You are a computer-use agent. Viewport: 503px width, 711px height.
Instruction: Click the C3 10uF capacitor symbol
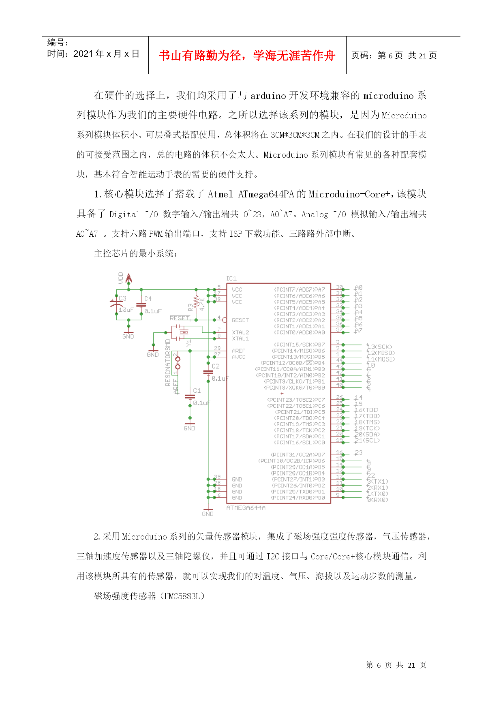click(x=116, y=304)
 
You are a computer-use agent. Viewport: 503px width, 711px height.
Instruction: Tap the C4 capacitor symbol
click(x=141, y=305)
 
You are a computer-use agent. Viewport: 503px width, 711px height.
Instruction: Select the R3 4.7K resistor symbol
click(x=197, y=302)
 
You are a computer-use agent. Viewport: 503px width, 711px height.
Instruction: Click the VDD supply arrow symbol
click(x=129, y=278)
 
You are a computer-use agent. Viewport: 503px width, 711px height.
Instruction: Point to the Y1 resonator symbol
click(x=183, y=333)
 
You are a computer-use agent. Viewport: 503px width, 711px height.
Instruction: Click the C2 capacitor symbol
click(x=208, y=372)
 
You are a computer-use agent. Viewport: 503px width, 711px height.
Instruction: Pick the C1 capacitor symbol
click(x=190, y=396)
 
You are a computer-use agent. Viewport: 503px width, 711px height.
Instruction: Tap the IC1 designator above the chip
click(x=231, y=278)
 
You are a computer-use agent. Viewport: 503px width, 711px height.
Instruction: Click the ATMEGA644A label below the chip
click(x=246, y=508)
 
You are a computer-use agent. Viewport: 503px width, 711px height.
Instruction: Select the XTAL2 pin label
click(x=240, y=332)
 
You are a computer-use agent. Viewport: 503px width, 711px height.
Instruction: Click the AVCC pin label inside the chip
click(x=238, y=357)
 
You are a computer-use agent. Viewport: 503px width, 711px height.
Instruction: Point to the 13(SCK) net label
click(x=380, y=347)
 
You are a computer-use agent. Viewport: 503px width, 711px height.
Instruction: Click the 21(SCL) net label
click(x=368, y=441)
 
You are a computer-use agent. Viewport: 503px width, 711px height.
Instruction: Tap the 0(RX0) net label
click(x=378, y=500)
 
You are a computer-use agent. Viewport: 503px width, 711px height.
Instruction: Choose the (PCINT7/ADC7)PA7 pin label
click(x=300, y=290)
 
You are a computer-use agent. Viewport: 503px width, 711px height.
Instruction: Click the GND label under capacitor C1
click(x=189, y=428)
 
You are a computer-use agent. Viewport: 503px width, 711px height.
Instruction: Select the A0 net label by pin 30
click(x=358, y=288)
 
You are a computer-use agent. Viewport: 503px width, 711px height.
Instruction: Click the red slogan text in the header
click(x=247, y=56)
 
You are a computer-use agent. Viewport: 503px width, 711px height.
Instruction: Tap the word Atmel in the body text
click(x=220, y=195)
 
